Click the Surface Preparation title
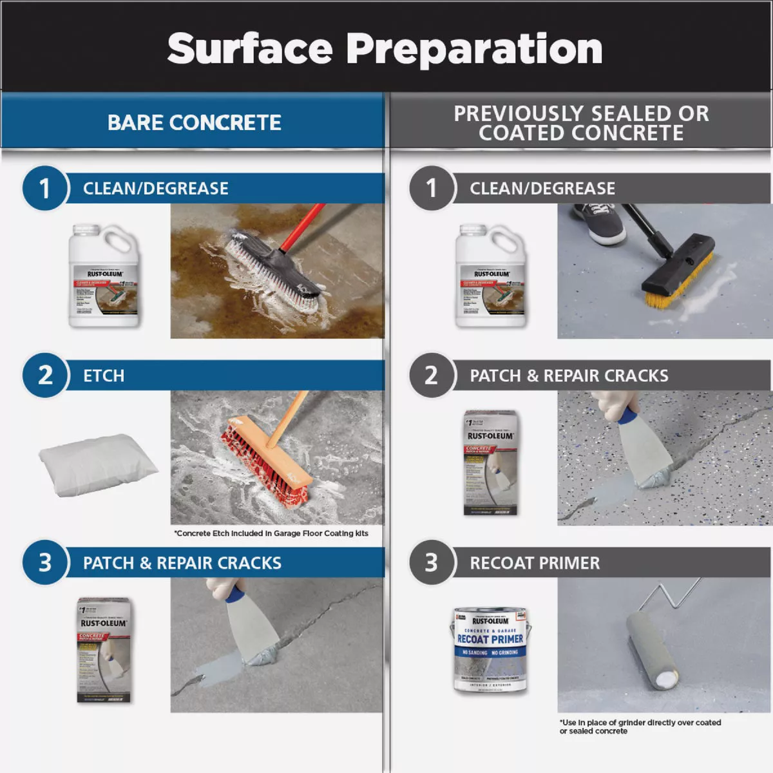(x=385, y=49)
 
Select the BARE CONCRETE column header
(x=194, y=122)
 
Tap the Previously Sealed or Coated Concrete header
(x=581, y=122)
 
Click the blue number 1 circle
(x=44, y=189)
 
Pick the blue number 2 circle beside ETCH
(x=44, y=376)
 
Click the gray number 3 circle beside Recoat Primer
(x=431, y=562)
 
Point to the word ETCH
(x=104, y=376)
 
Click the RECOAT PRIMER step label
(x=535, y=563)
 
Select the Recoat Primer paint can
(x=490, y=649)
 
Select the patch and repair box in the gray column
(x=490, y=463)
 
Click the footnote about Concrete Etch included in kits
(x=271, y=533)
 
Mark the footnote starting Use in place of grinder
(x=640, y=727)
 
